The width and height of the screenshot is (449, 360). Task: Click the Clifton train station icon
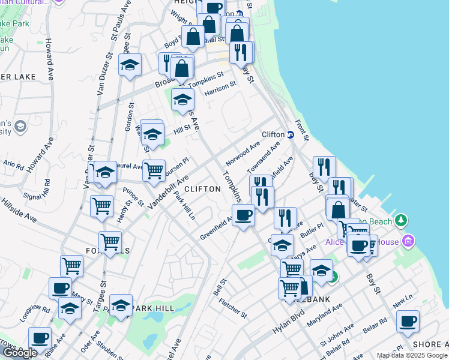(x=289, y=134)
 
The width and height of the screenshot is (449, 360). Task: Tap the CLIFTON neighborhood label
(x=202, y=188)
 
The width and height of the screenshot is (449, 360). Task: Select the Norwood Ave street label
(x=243, y=154)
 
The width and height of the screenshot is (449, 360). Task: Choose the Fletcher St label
(x=232, y=307)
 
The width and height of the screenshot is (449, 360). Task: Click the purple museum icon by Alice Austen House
(x=409, y=241)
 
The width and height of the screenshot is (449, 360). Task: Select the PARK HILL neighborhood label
(x=153, y=308)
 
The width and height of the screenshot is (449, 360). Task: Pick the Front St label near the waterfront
(x=301, y=129)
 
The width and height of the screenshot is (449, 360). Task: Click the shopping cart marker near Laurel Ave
(x=154, y=170)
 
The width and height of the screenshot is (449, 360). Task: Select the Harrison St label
(x=220, y=89)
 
